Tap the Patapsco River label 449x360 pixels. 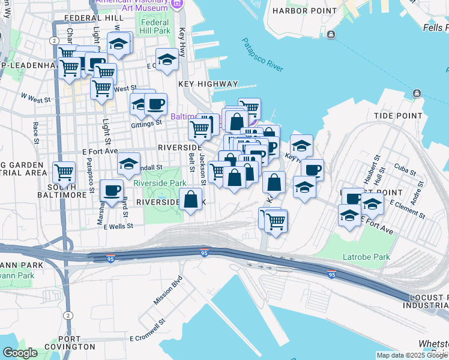[262, 55]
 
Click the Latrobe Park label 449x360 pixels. [366, 257]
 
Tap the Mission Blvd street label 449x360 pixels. [167, 290]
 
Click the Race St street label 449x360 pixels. [36, 133]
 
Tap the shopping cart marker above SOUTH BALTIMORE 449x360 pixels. [64, 173]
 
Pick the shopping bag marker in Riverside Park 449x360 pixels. [191, 199]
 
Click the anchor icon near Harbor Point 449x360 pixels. [331, 35]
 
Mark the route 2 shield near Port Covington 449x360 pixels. [68, 315]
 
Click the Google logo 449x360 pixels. [20, 353]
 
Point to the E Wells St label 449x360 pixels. [118, 227]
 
